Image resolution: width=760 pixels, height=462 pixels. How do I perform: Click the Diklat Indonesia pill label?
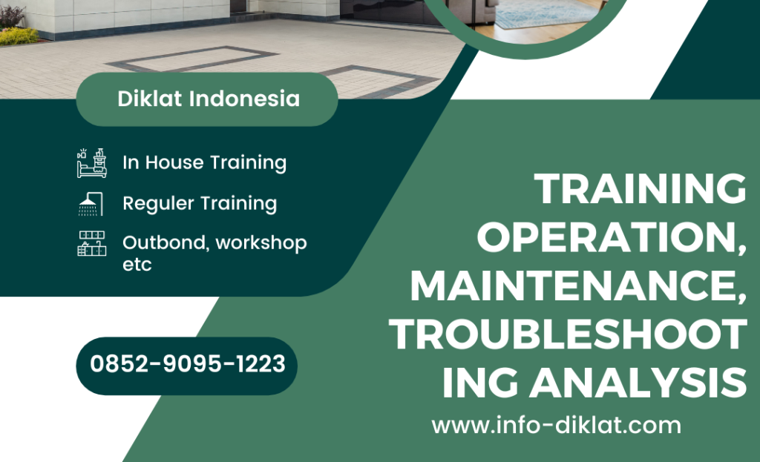(208, 99)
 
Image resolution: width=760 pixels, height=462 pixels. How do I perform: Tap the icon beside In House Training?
(91, 162)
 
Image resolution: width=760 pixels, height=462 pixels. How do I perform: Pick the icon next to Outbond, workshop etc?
(91, 243)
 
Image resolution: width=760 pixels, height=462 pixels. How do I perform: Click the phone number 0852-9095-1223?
(187, 364)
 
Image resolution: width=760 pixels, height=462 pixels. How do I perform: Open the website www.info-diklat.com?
(556, 426)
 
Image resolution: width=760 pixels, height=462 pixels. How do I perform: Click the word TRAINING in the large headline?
(641, 189)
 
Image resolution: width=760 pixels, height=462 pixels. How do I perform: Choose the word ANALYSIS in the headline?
(641, 383)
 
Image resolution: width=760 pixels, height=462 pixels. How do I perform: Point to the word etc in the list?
(137, 264)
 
